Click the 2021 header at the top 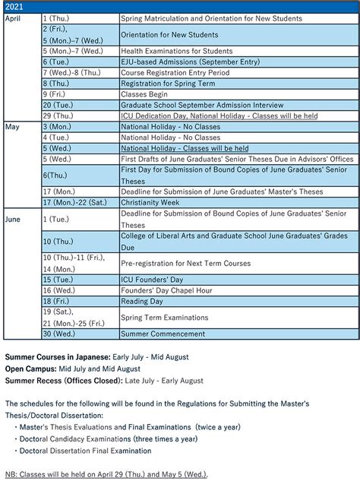(x=14, y=5)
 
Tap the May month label (x=11, y=127)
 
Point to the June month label (x=13, y=219)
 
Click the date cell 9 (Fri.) (x=58, y=94)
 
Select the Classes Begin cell (x=144, y=94)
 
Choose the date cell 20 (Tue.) (x=60, y=105)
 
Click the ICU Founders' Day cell (x=148, y=280)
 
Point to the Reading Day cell (x=142, y=302)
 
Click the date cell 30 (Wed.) (x=60, y=334)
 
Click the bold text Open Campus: (x=30, y=369)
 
